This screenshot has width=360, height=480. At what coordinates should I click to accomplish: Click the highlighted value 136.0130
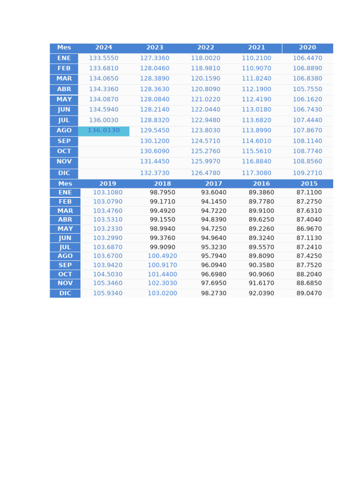[x=104, y=131]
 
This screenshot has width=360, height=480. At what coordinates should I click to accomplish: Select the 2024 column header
[x=104, y=48]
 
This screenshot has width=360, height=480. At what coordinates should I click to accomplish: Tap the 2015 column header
[x=309, y=184]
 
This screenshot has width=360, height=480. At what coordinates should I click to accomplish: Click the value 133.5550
[x=104, y=58]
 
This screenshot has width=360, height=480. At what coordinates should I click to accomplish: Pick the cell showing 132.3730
[x=155, y=173]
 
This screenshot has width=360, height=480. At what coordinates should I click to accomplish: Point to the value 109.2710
[x=307, y=173]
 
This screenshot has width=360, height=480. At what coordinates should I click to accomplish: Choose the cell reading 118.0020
[x=205, y=58]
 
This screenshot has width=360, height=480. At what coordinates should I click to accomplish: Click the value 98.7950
[x=163, y=193]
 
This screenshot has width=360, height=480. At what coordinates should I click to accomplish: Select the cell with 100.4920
[x=163, y=256]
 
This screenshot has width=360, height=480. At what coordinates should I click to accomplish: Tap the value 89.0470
[x=309, y=293]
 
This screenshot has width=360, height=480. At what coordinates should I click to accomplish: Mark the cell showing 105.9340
[x=108, y=293]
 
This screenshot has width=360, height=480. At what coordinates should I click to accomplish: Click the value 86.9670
[x=309, y=229]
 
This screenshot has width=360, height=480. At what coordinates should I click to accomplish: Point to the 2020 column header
[x=307, y=48]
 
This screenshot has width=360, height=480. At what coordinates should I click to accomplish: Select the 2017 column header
[x=214, y=184]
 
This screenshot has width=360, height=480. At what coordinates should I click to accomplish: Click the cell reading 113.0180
[x=256, y=110]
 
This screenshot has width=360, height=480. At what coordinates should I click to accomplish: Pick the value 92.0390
[x=262, y=293]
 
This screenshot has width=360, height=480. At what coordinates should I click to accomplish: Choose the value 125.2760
[x=205, y=151]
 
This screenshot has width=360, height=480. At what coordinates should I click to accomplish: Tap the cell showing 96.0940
[x=214, y=265]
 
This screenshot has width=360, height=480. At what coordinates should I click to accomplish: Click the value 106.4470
[x=307, y=58]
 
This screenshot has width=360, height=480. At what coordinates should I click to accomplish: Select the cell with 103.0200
[x=163, y=293]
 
